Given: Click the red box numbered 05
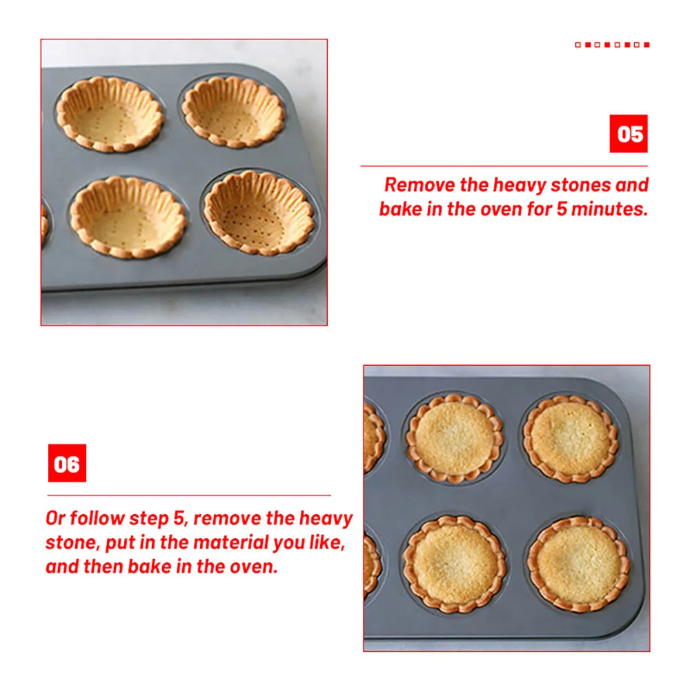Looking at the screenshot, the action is (x=628, y=134).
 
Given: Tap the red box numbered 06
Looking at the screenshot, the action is (x=68, y=463).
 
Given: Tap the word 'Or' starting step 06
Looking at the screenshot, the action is (x=55, y=518).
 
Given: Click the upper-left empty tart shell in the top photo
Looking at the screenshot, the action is (x=110, y=115).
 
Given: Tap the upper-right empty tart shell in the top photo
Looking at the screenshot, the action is (x=233, y=112).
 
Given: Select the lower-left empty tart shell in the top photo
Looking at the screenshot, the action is (x=128, y=217).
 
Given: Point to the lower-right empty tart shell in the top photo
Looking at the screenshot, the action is (x=259, y=213).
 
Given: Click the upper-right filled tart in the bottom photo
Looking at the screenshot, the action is (x=571, y=439).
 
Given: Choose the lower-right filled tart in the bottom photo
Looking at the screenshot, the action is (x=578, y=564).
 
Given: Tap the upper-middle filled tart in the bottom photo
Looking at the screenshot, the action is (x=455, y=438).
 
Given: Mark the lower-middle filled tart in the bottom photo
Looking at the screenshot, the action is (x=455, y=564).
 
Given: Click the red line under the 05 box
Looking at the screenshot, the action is (x=504, y=166).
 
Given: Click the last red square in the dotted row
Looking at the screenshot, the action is (x=647, y=45).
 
